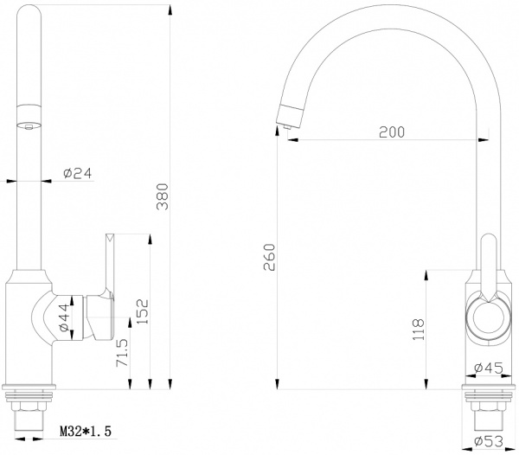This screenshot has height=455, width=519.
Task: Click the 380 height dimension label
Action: tap(159, 200)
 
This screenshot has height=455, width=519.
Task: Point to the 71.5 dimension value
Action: tap(123, 355)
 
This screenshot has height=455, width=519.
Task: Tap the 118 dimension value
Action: tap(419, 328)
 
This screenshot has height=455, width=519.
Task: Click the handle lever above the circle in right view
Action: tap(490, 264)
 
